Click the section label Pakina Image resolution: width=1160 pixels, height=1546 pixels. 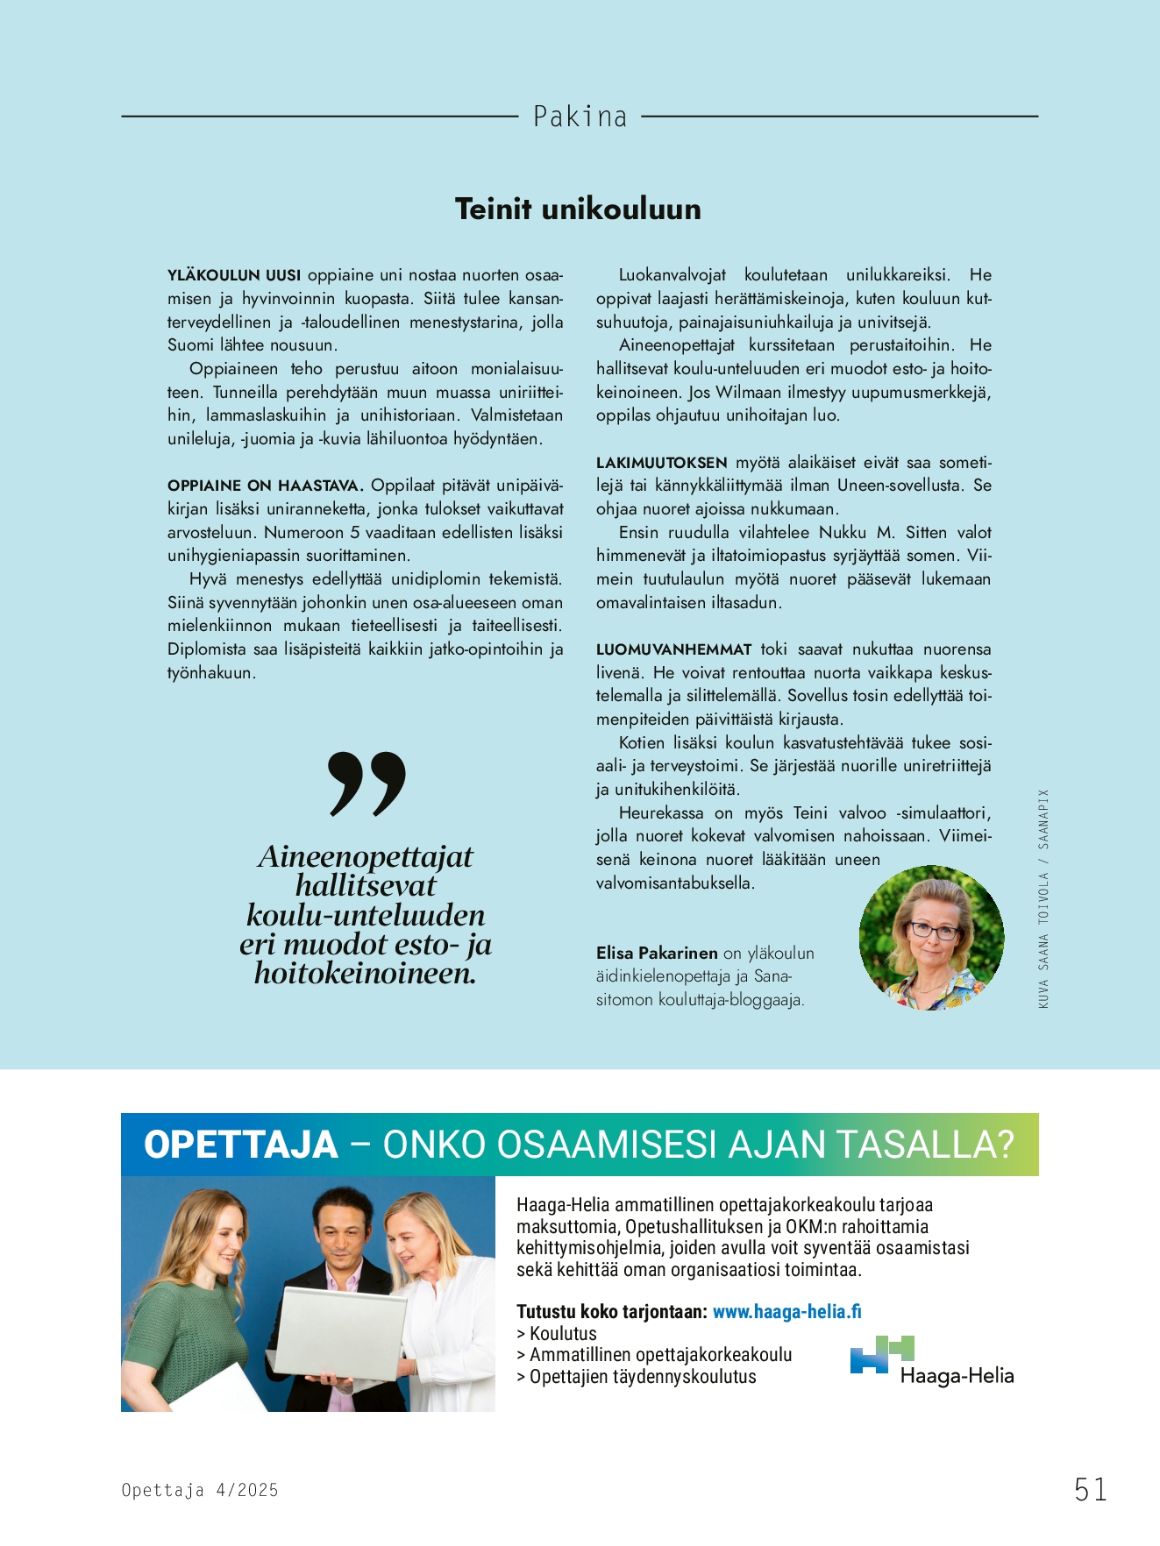tap(580, 117)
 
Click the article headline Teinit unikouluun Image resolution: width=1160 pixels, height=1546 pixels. tap(578, 209)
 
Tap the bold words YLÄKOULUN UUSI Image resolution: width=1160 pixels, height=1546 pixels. tap(234, 275)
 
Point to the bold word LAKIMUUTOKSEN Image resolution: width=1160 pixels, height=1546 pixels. tap(662, 463)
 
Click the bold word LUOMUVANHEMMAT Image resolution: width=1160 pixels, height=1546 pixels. tap(674, 649)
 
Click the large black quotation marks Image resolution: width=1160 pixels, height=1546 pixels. tap(367, 782)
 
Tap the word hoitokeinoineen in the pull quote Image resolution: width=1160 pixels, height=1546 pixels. tap(365, 973)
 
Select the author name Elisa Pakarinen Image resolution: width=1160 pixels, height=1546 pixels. tap(657, 953)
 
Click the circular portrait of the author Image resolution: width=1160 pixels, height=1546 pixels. tap(931, 938)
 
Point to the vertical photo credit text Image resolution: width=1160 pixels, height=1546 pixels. tap(1043, 898)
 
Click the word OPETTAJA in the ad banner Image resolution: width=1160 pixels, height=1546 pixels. tap(241, 1145)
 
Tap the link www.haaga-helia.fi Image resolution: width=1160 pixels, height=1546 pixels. tap(786, 1311)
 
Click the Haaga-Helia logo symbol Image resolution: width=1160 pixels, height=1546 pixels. tap(881, 1354)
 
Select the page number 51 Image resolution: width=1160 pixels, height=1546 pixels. tap(1091, 1489)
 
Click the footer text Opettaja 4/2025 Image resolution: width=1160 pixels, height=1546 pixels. tap(200, 1490)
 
